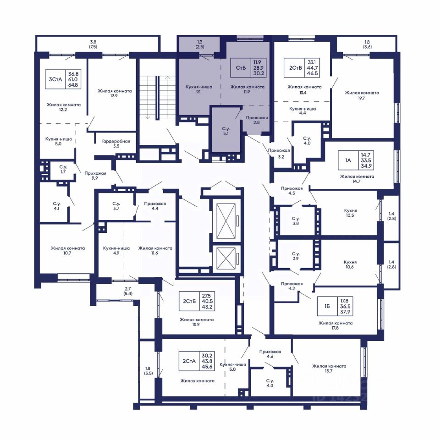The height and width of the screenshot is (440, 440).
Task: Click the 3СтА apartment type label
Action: [55, 79]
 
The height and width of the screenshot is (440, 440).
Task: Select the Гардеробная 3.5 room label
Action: [116, 143]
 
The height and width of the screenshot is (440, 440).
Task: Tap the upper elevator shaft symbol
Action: [226, 221]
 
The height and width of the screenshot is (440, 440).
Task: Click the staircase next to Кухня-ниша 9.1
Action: [157, 97]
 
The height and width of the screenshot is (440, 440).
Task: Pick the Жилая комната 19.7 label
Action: [362, 95]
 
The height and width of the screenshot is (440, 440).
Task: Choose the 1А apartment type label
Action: [348, 160]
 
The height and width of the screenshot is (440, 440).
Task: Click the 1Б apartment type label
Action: [327, 306]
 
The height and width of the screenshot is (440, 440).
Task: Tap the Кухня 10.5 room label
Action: [350, 213]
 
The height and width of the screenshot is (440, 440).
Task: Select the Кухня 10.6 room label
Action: [350, 264]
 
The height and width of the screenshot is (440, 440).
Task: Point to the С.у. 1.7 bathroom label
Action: [63, 169]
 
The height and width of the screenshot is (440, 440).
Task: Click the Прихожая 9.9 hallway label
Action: [95, 176]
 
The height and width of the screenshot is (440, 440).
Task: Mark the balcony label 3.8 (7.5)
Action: [93, 44]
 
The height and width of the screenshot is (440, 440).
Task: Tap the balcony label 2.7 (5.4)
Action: [128, 291]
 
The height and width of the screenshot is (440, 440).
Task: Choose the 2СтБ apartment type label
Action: [189, 301]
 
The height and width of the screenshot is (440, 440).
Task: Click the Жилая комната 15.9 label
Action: [197, 322]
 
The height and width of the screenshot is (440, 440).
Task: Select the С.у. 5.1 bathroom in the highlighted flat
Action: [226, 131]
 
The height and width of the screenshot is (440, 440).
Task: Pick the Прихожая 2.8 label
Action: [257, 120]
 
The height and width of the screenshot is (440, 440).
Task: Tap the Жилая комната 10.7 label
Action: [68, 250]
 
